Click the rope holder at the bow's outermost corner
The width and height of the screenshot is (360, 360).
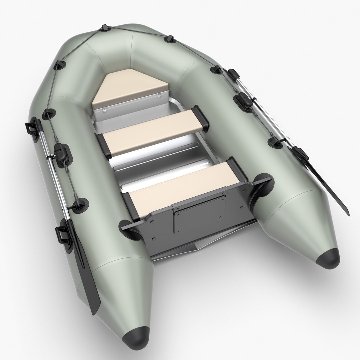point(105,27)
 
